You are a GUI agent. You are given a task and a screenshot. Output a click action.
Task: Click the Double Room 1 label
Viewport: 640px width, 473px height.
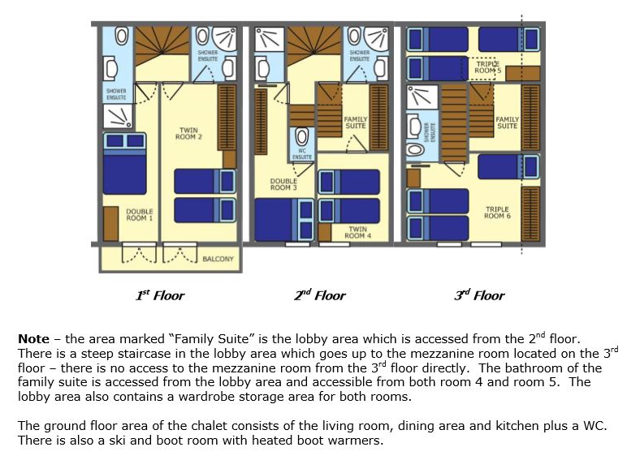tap(140, 215)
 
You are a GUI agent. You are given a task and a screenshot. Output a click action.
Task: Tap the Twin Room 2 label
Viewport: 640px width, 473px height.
tap(188, 133)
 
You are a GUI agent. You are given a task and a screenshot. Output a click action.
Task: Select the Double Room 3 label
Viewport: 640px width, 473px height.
tap(283, 184)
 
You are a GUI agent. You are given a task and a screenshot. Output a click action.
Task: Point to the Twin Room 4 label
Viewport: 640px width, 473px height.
tap(357, 232)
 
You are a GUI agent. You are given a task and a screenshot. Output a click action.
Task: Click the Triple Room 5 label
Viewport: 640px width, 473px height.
tap(488, 67)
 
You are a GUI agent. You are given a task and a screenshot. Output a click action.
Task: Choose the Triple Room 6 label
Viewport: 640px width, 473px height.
tap(497, 213)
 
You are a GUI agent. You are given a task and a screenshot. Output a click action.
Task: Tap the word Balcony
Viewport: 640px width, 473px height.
tap(218, 259)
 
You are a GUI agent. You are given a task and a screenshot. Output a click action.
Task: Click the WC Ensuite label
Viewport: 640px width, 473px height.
tap(302, 154)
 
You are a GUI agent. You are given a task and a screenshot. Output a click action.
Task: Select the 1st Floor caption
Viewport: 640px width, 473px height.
tap(160, 295)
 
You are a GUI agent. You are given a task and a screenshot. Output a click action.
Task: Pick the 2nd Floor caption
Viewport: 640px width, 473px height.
tap(319, 295)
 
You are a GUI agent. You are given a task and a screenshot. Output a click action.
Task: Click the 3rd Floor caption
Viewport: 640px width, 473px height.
tap(479, 295)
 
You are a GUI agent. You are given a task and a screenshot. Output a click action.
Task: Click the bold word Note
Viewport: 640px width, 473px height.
tap(33, 339)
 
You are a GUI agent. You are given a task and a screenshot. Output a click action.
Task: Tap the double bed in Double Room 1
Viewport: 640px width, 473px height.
tap(124, 164)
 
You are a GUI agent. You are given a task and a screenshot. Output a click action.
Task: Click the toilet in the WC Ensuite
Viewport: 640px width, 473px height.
tap(302, 136)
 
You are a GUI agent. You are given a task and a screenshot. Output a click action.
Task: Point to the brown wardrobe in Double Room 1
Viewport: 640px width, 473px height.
tap(110, 224)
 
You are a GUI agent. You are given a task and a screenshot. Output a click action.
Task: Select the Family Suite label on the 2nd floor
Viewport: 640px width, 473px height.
tap(356, 123)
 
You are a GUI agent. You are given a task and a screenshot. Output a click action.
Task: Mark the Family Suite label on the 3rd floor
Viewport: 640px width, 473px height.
tap(508, 123)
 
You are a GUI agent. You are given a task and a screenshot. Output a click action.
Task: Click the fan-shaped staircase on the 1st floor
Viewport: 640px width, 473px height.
tap(162, 46)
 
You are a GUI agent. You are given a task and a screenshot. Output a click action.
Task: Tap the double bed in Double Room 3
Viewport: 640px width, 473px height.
tap(284, 220)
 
